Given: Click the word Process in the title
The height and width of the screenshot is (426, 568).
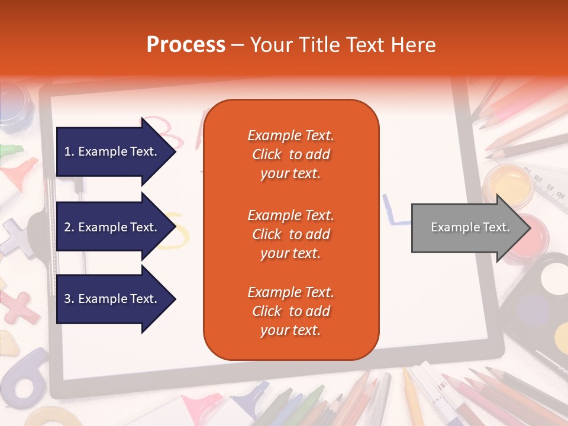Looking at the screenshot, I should (x=186, y=44).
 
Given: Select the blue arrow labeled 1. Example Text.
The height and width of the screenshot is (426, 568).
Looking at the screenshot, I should (x=112, y=151).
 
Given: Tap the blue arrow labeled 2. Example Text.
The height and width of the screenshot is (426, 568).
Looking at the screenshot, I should (x=112, y=227).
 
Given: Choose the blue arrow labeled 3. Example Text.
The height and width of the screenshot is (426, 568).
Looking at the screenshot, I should (x=112, y=299).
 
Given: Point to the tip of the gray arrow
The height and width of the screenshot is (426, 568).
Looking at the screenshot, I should (x=530, y=228).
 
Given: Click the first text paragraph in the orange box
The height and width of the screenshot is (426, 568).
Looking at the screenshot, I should (x=291, y=154).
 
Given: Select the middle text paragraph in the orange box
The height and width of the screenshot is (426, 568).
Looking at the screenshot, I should (x=291, y=234).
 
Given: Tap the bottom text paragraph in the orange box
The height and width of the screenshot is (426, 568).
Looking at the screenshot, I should (x=291, y=311).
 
